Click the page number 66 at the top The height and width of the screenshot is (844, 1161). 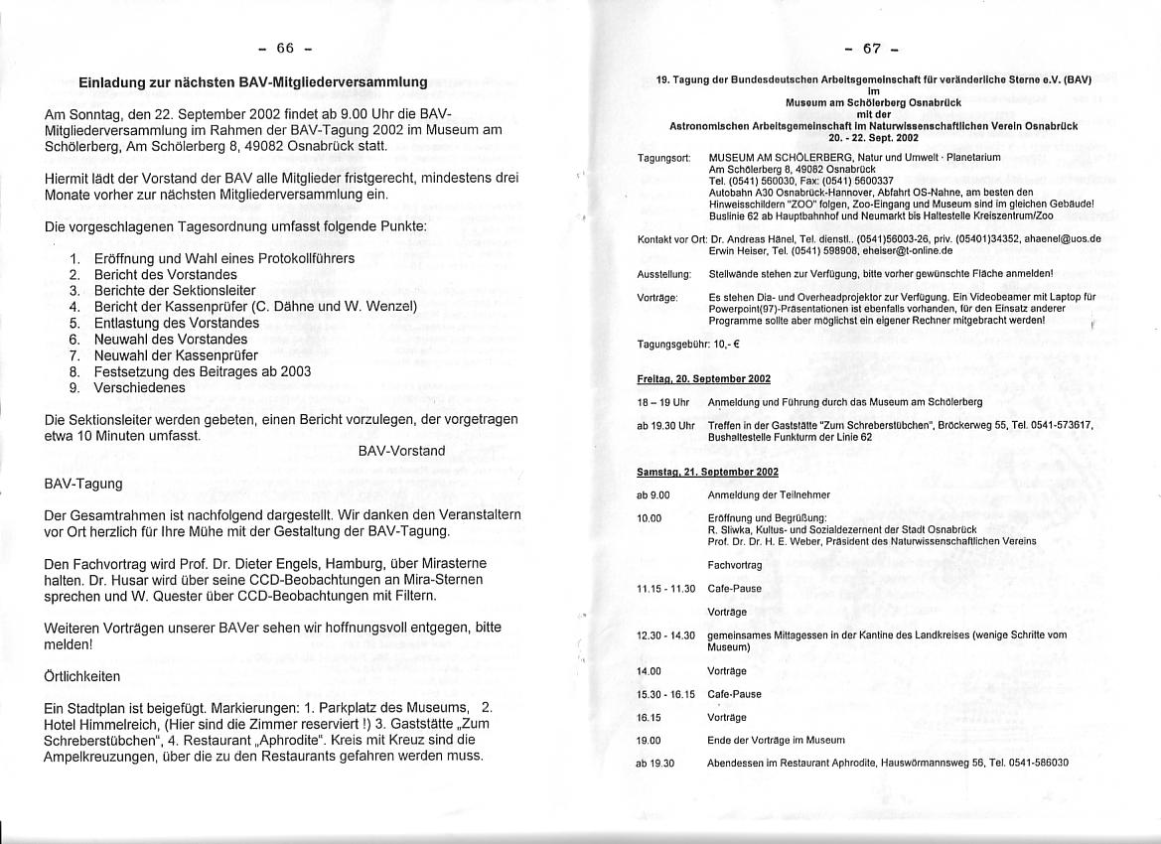click(286, 48)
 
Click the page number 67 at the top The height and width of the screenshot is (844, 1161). click(873, 48)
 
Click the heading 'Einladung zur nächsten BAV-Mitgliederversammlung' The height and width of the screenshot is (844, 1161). click(253, 82)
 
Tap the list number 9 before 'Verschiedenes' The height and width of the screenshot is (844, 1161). click(74, 387)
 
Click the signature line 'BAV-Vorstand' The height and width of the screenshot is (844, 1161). click(401, 451)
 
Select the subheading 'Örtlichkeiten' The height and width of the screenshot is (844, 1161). click(82, 676)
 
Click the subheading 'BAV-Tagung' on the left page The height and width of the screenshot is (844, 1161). click(83, 484)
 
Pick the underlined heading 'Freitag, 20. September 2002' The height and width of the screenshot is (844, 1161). click(703, 379)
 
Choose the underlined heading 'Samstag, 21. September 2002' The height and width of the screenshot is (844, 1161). click(707, 472)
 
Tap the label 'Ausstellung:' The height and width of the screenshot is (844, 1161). click(663, 273)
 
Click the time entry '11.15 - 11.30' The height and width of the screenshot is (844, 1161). click(664, 589)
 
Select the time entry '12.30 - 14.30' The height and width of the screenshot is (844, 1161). click(665, 634)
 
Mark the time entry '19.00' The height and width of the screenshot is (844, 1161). click(649, 740)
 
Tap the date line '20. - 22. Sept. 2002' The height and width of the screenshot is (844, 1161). click(873, 138)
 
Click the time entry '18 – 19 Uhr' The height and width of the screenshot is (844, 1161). click(662, 402)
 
